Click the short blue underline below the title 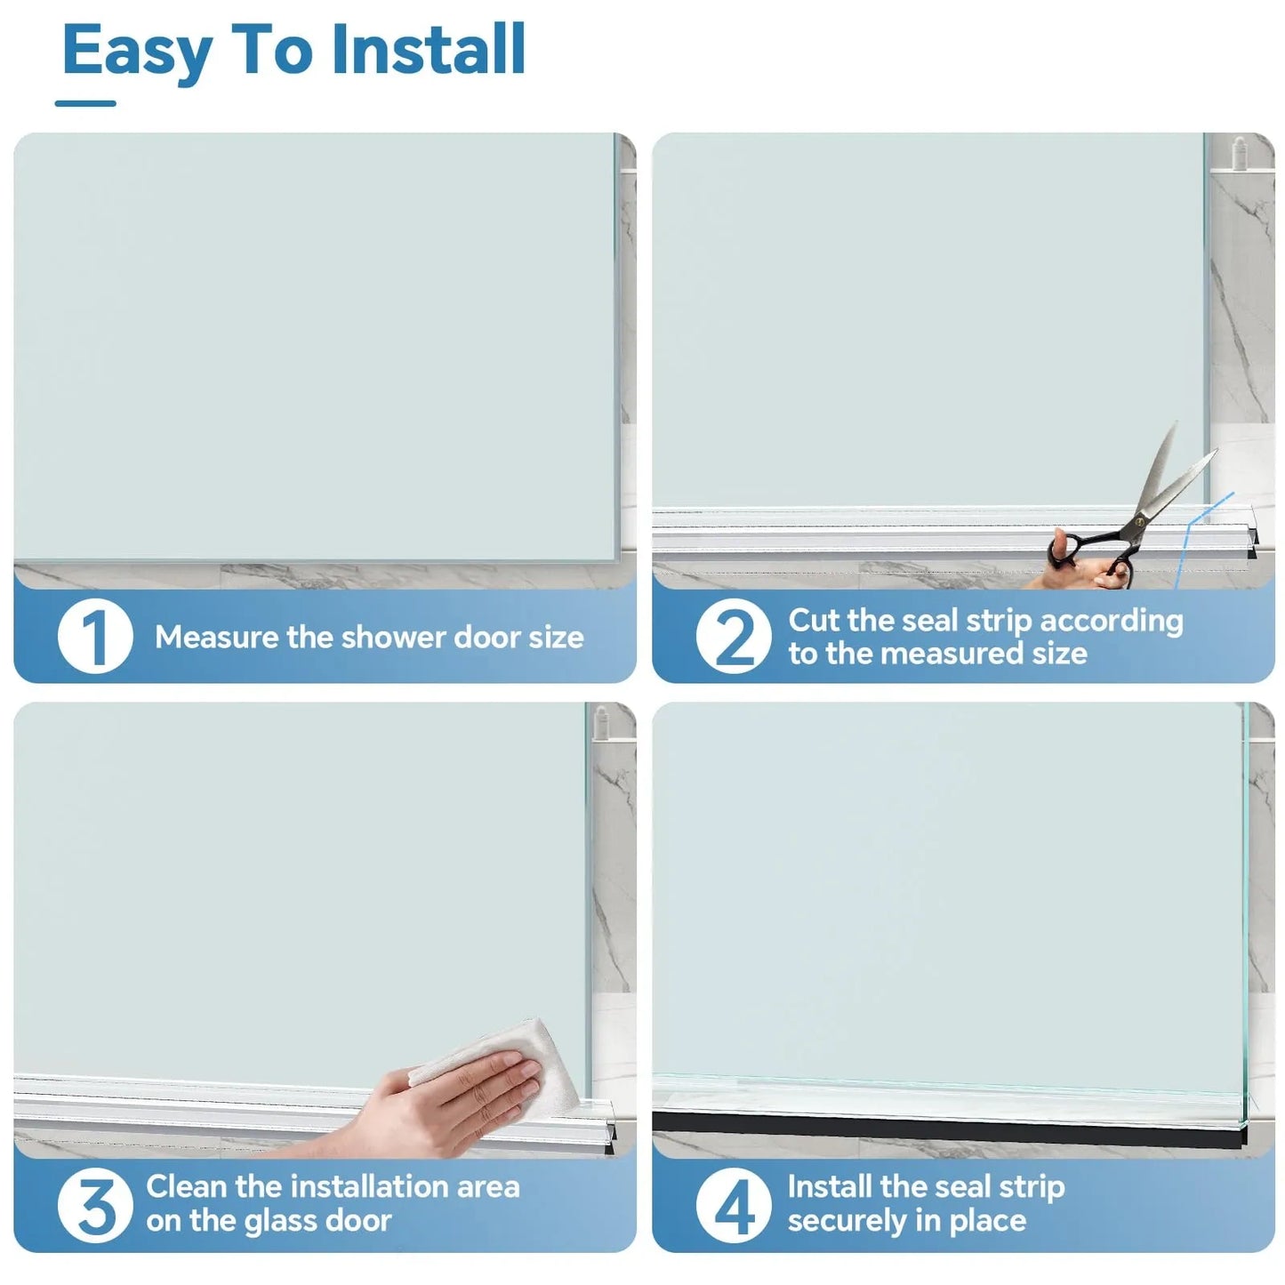[x=85, y=104]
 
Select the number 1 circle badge [x=95, y=637]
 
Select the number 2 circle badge [x=734, y=637]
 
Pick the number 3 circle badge [x=95, y=1205]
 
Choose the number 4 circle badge [x=734, y=1205]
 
